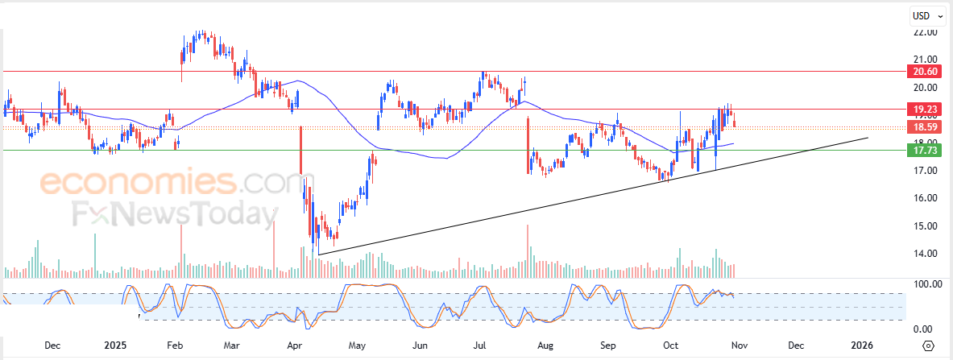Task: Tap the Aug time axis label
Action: [x=545, y=346]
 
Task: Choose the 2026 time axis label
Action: [x=862, y=346]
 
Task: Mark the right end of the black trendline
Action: [x=868, y=138]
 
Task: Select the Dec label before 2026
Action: [x=796, y=346]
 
